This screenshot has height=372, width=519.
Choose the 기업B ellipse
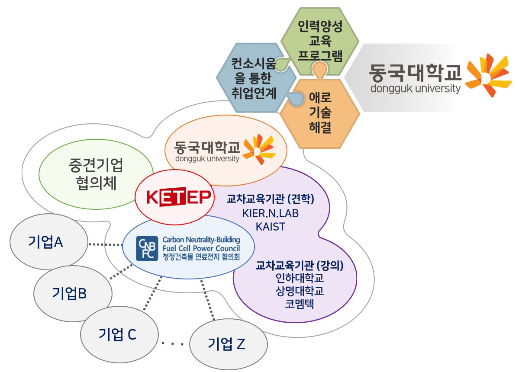[x=69, y=293]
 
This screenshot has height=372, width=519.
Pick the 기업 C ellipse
[x=117, y=334]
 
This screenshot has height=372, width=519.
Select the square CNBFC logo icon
[x=147, y=249]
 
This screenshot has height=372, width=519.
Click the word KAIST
[x=270, y=226]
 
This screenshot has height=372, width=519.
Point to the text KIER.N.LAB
[x=271, y=213]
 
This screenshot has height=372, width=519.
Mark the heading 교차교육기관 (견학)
[x=270, y=199]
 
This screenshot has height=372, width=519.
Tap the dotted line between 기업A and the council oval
[x=105, y=244]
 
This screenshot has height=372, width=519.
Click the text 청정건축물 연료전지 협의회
[x=201, y=257]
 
